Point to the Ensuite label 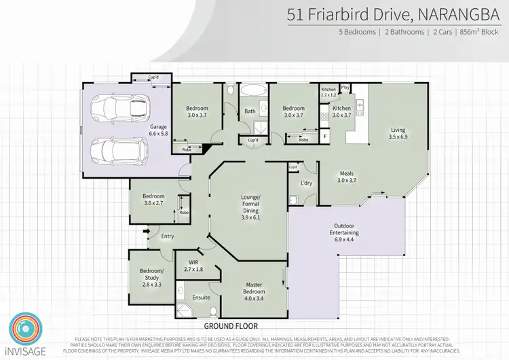coord(201,298)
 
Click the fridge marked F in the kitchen coord(325,137)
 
